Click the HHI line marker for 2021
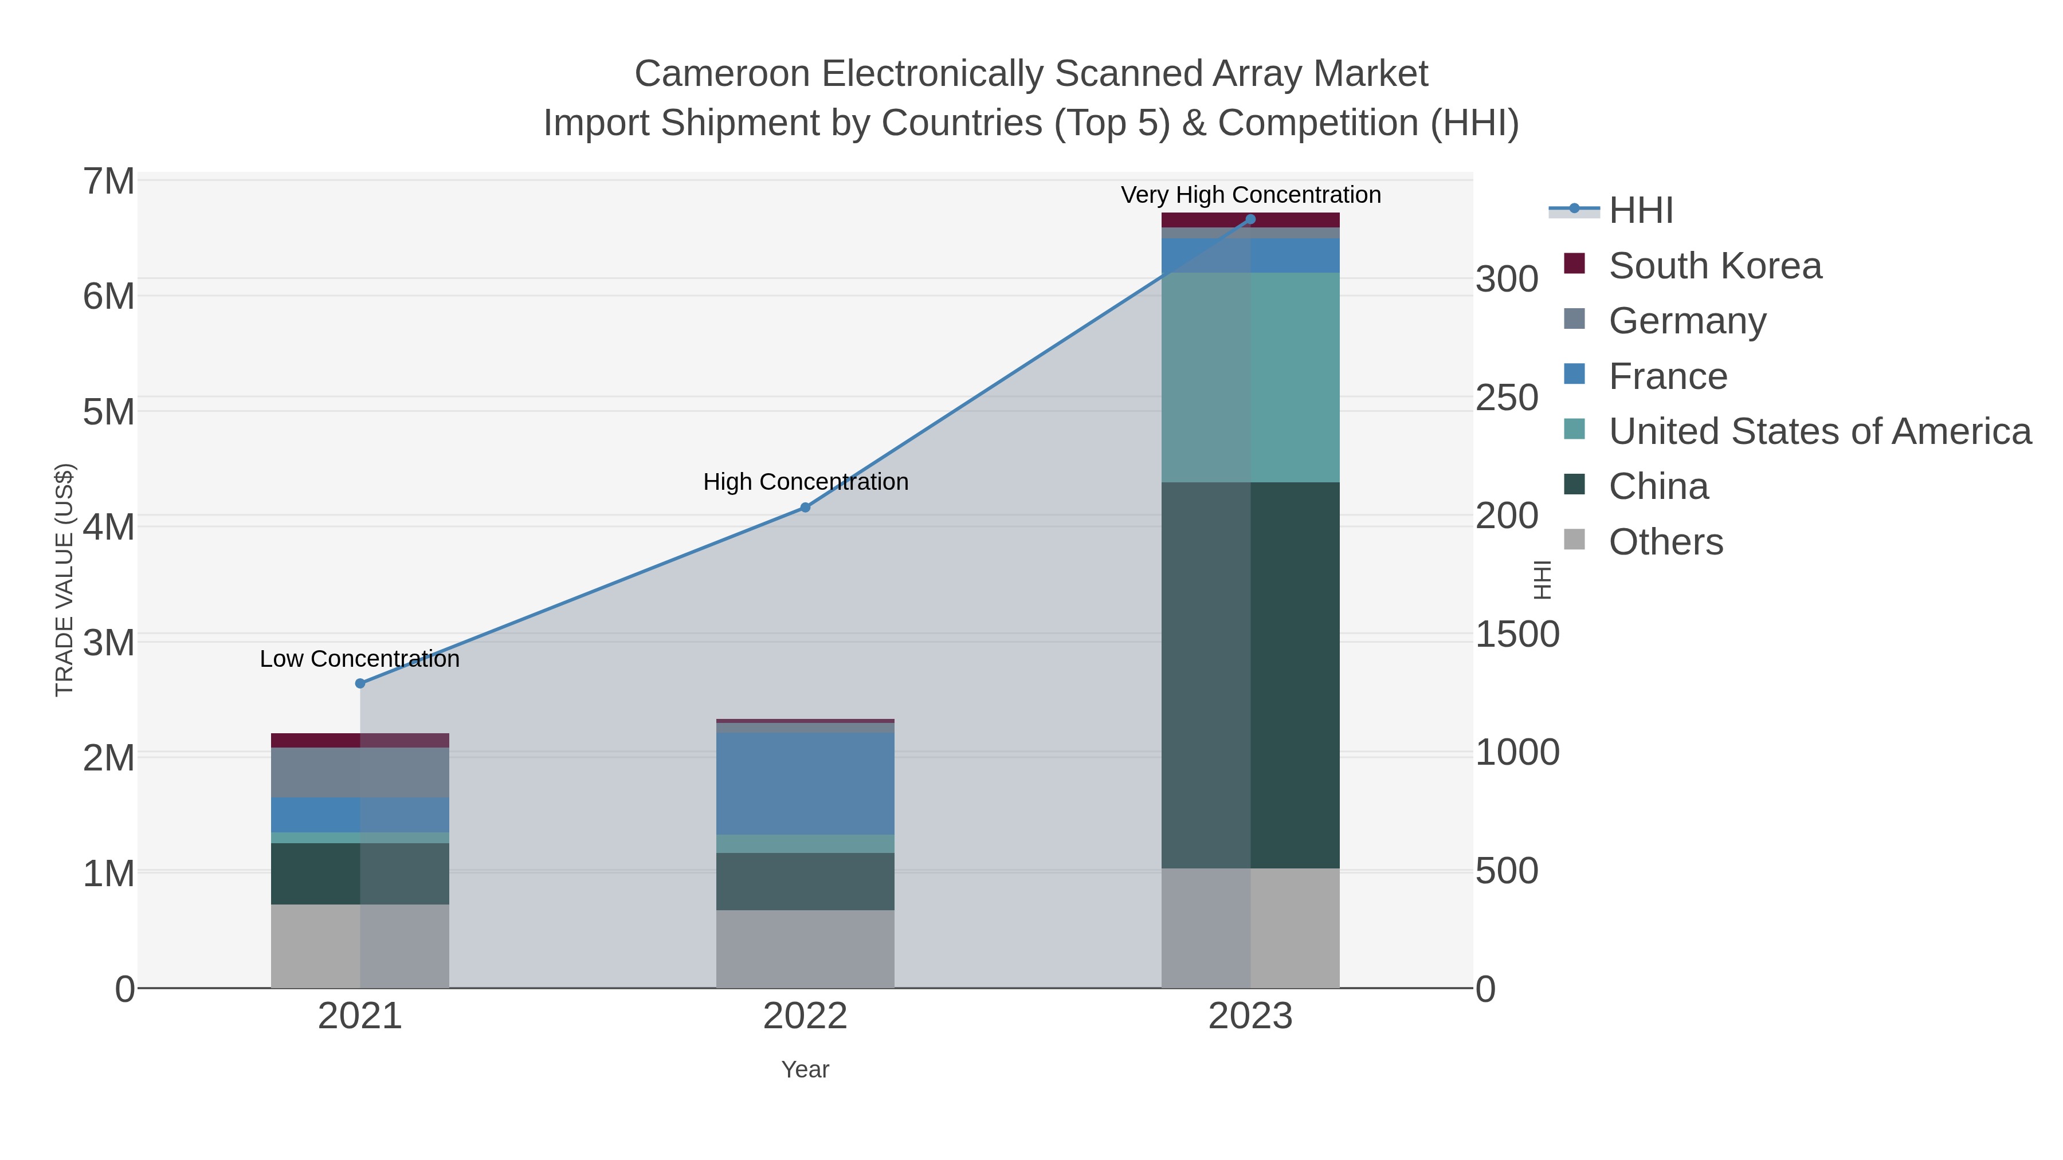click(359, 683)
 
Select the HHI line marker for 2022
click(805, 508)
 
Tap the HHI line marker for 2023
click(1250, 219)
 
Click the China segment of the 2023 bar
click(1250, 675)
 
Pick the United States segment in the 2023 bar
click(1250, 377)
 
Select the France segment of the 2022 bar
click(805, 784)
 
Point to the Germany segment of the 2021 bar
click(359, 773)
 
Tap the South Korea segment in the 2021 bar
click(359, 741)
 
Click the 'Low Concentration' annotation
click(359, 659)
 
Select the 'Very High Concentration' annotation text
click(1250, 195)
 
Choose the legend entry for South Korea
click(1715, 266)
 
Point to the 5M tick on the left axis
click(109, 412)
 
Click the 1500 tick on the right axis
click(1516, 635)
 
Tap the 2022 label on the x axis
click(805, 1017)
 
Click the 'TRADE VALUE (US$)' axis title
click(64, 580)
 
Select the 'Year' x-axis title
click(805, 1069)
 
